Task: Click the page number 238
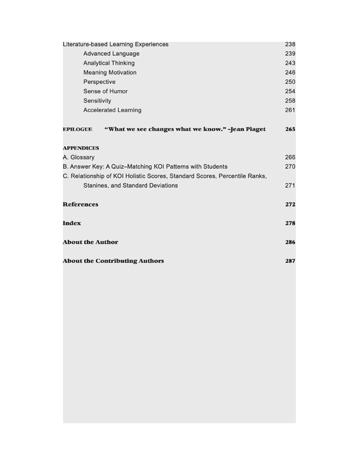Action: pyautogui.click(x=290, y=44)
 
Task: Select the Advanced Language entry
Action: pyautogui.click(x=111, y=54)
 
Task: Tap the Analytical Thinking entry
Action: pyautogui.click(x=109, y=63)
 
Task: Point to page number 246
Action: pyautogui.click(x=290, y=73)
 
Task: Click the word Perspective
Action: pyautogui.click(x=100, y=82)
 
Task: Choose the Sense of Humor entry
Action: pyautogui.click(x=105, y=91)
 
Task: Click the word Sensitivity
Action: pyautogui.click(x=97, y=101)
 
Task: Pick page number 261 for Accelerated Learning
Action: pyautogui.click(x=290, y=110)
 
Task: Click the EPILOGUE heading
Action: pyautogui.click(x=77, y=129)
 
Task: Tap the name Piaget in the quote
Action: pyautogui.click(x=253, y=129)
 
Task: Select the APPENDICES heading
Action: pyautogui.click(x=81, y=148)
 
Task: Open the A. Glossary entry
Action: pyautogui.click(x=79, y=157)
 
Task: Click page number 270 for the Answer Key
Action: pyautogui.click(x=290, y=166)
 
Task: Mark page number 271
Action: pyautogui.click(x=290, y=186)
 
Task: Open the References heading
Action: pyautogui.click(x=80, y=204)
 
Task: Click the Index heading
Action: pyautogui.click(x=72, y=223)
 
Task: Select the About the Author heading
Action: pyautogui.click(x=91, y=242)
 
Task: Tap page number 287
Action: pyautogui.click(x=290, y=261)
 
